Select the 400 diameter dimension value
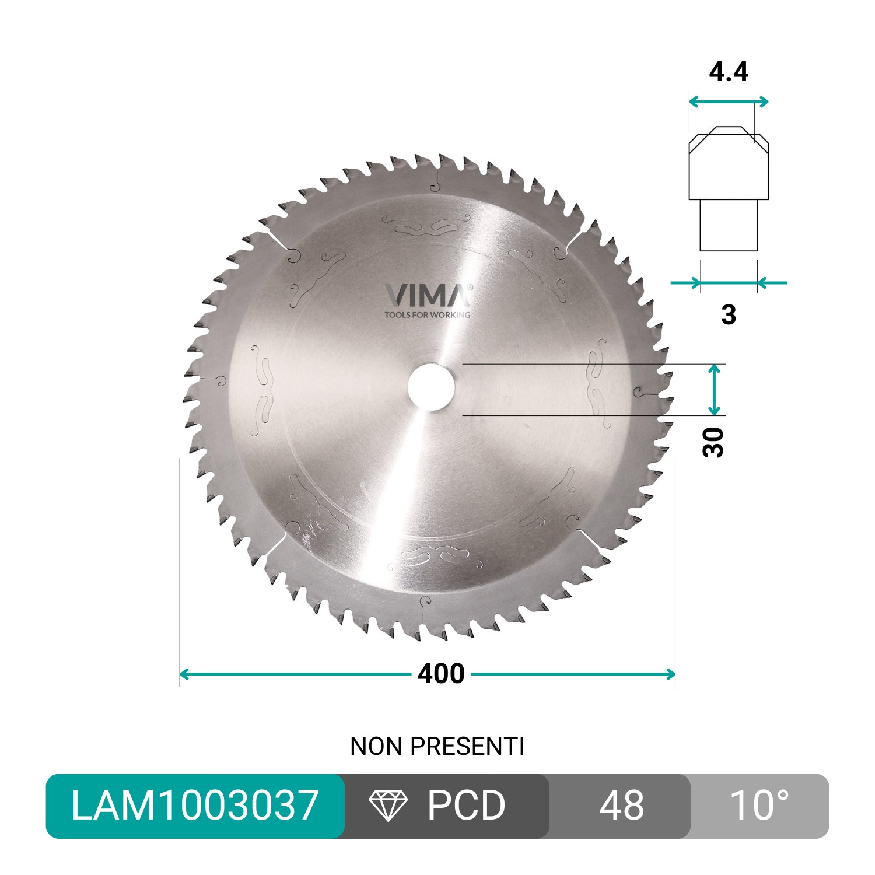click(441, 674)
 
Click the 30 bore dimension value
click(713, 442)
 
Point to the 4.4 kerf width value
click(729, 72)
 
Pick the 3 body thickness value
click(729, 314)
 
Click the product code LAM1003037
click(195, 806)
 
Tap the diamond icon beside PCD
click(388, 806)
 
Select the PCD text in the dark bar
click(466, 806)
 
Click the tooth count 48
click(621, 806)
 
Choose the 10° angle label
click(759, 806)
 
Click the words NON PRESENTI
click(437, 746)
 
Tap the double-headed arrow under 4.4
click(729, 102)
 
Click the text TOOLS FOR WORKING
click(427, 315)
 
